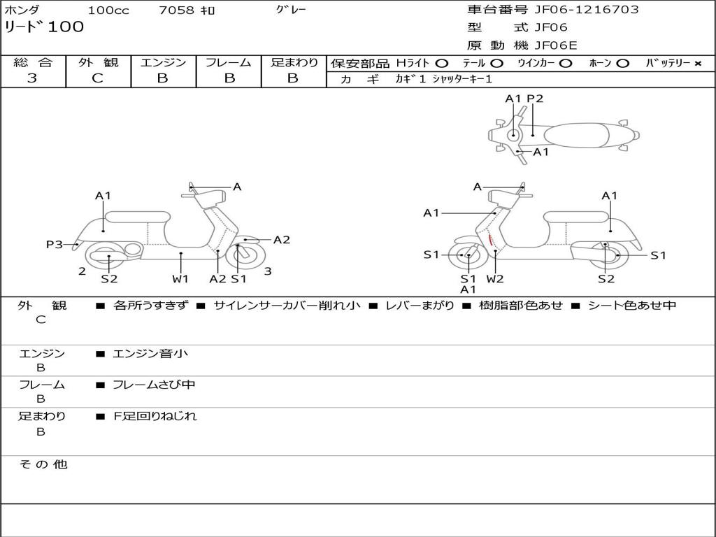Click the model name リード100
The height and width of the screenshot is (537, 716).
click(x=44, y=27)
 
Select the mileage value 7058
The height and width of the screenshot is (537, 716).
click(x=176, y=10)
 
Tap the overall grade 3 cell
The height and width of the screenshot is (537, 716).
click(x=32, y=78)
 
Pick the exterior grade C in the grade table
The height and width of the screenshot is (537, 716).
click(x=97, y=78)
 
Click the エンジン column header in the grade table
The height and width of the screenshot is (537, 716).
click(x=163, y=62)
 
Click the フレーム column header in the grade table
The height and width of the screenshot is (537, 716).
click(x=228, y=62)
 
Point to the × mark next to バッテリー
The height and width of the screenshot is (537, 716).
click(x=697, y=63)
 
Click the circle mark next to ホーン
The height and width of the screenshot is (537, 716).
click(x=622, y=63)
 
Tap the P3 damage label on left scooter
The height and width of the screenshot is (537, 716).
click(x=54, y=244)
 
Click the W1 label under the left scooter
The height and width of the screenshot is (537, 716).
click(x=180, y=279)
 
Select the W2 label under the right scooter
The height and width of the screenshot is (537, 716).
click(x=495, y=279)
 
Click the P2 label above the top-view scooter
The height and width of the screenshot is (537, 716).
click(x=535, y=99)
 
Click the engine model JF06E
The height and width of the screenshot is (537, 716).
click(x=556, y=45)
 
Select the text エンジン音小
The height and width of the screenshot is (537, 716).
click(x=150, y=354)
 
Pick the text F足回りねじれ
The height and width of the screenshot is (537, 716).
click(x=155, y=416)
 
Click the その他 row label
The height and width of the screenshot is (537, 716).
click(x=43, y=464)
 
